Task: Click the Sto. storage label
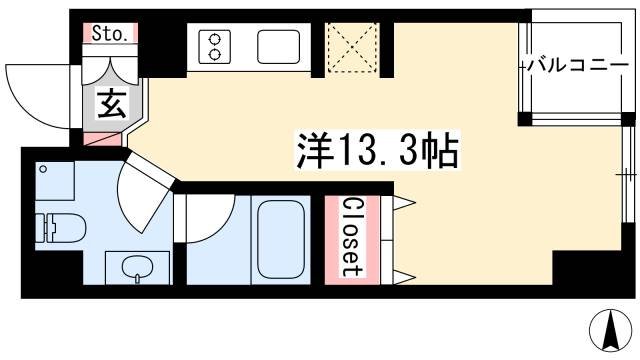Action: coord(111,34)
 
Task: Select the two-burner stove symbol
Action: coord(213,45)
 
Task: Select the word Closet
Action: coord(351,236)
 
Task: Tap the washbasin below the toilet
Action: coord(133,267)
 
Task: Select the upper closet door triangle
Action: coord(406,204)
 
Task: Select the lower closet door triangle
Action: coord(406,274)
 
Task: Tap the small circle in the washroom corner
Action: coord(42,169)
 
